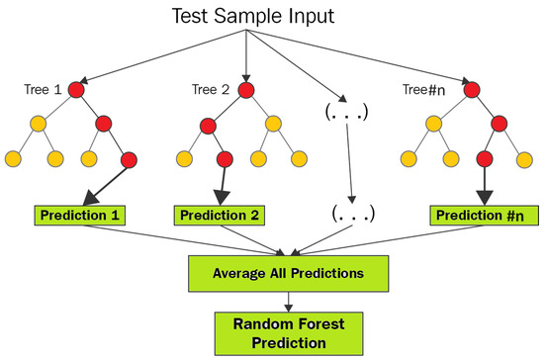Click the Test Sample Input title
[x=253, y=16]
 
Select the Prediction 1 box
[x=80, y=216]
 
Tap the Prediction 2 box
[x=220, y=216]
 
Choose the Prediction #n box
[x=485, y=216]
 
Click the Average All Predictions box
[x=288, y=274]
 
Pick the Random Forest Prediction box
[x=289, y=333]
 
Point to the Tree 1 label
[x=43, y=89]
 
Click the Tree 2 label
[x=211, y=89]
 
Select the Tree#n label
[x=423, y=90]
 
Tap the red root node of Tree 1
[x=76, y=90]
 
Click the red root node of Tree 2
[x=246, y=90]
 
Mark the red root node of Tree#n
[x=472, y=90]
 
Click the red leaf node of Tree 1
[x=129, y=160]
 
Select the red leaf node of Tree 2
[x=225, y=159]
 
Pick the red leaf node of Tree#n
[x=485, y=159]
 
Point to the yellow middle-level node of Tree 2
[x=273, y=124]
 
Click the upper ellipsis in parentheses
[x=346, y=112]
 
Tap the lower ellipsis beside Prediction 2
[x=353, y=214]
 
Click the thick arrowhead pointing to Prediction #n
[x=485, y=198]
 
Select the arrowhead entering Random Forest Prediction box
[x=288, y=308]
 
